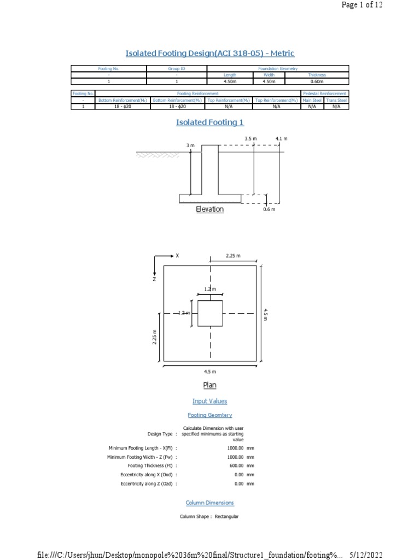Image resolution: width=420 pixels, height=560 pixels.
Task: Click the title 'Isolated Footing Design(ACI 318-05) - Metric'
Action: point(210,53)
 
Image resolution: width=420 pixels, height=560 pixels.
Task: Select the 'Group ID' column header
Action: point(177,68)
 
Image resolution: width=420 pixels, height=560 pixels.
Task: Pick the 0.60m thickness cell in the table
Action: point(317,81)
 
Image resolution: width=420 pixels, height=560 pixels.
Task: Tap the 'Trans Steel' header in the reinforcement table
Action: point(336,101)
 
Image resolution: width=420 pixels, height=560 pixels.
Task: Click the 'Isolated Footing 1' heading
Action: point(210,122)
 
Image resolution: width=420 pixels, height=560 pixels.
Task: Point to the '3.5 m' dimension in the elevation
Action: point(250,139)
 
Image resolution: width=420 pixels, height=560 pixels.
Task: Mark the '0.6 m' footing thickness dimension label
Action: point(269,209)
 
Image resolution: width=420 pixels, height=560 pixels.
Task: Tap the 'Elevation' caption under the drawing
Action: point(210,209)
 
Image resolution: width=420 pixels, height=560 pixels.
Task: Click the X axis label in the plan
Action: point(177,255)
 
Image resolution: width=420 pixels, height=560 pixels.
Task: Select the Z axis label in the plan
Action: point(154,279)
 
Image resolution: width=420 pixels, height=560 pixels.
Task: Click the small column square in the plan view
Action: point(210,313)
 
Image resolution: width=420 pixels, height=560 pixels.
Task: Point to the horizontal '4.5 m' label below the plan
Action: point(210,371)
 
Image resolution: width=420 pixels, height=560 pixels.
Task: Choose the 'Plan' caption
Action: point(210,385)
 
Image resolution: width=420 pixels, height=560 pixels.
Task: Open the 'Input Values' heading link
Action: point(210,401)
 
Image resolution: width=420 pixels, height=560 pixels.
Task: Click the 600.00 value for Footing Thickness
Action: point(235,465)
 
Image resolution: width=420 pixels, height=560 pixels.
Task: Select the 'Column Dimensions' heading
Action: point(210,503)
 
